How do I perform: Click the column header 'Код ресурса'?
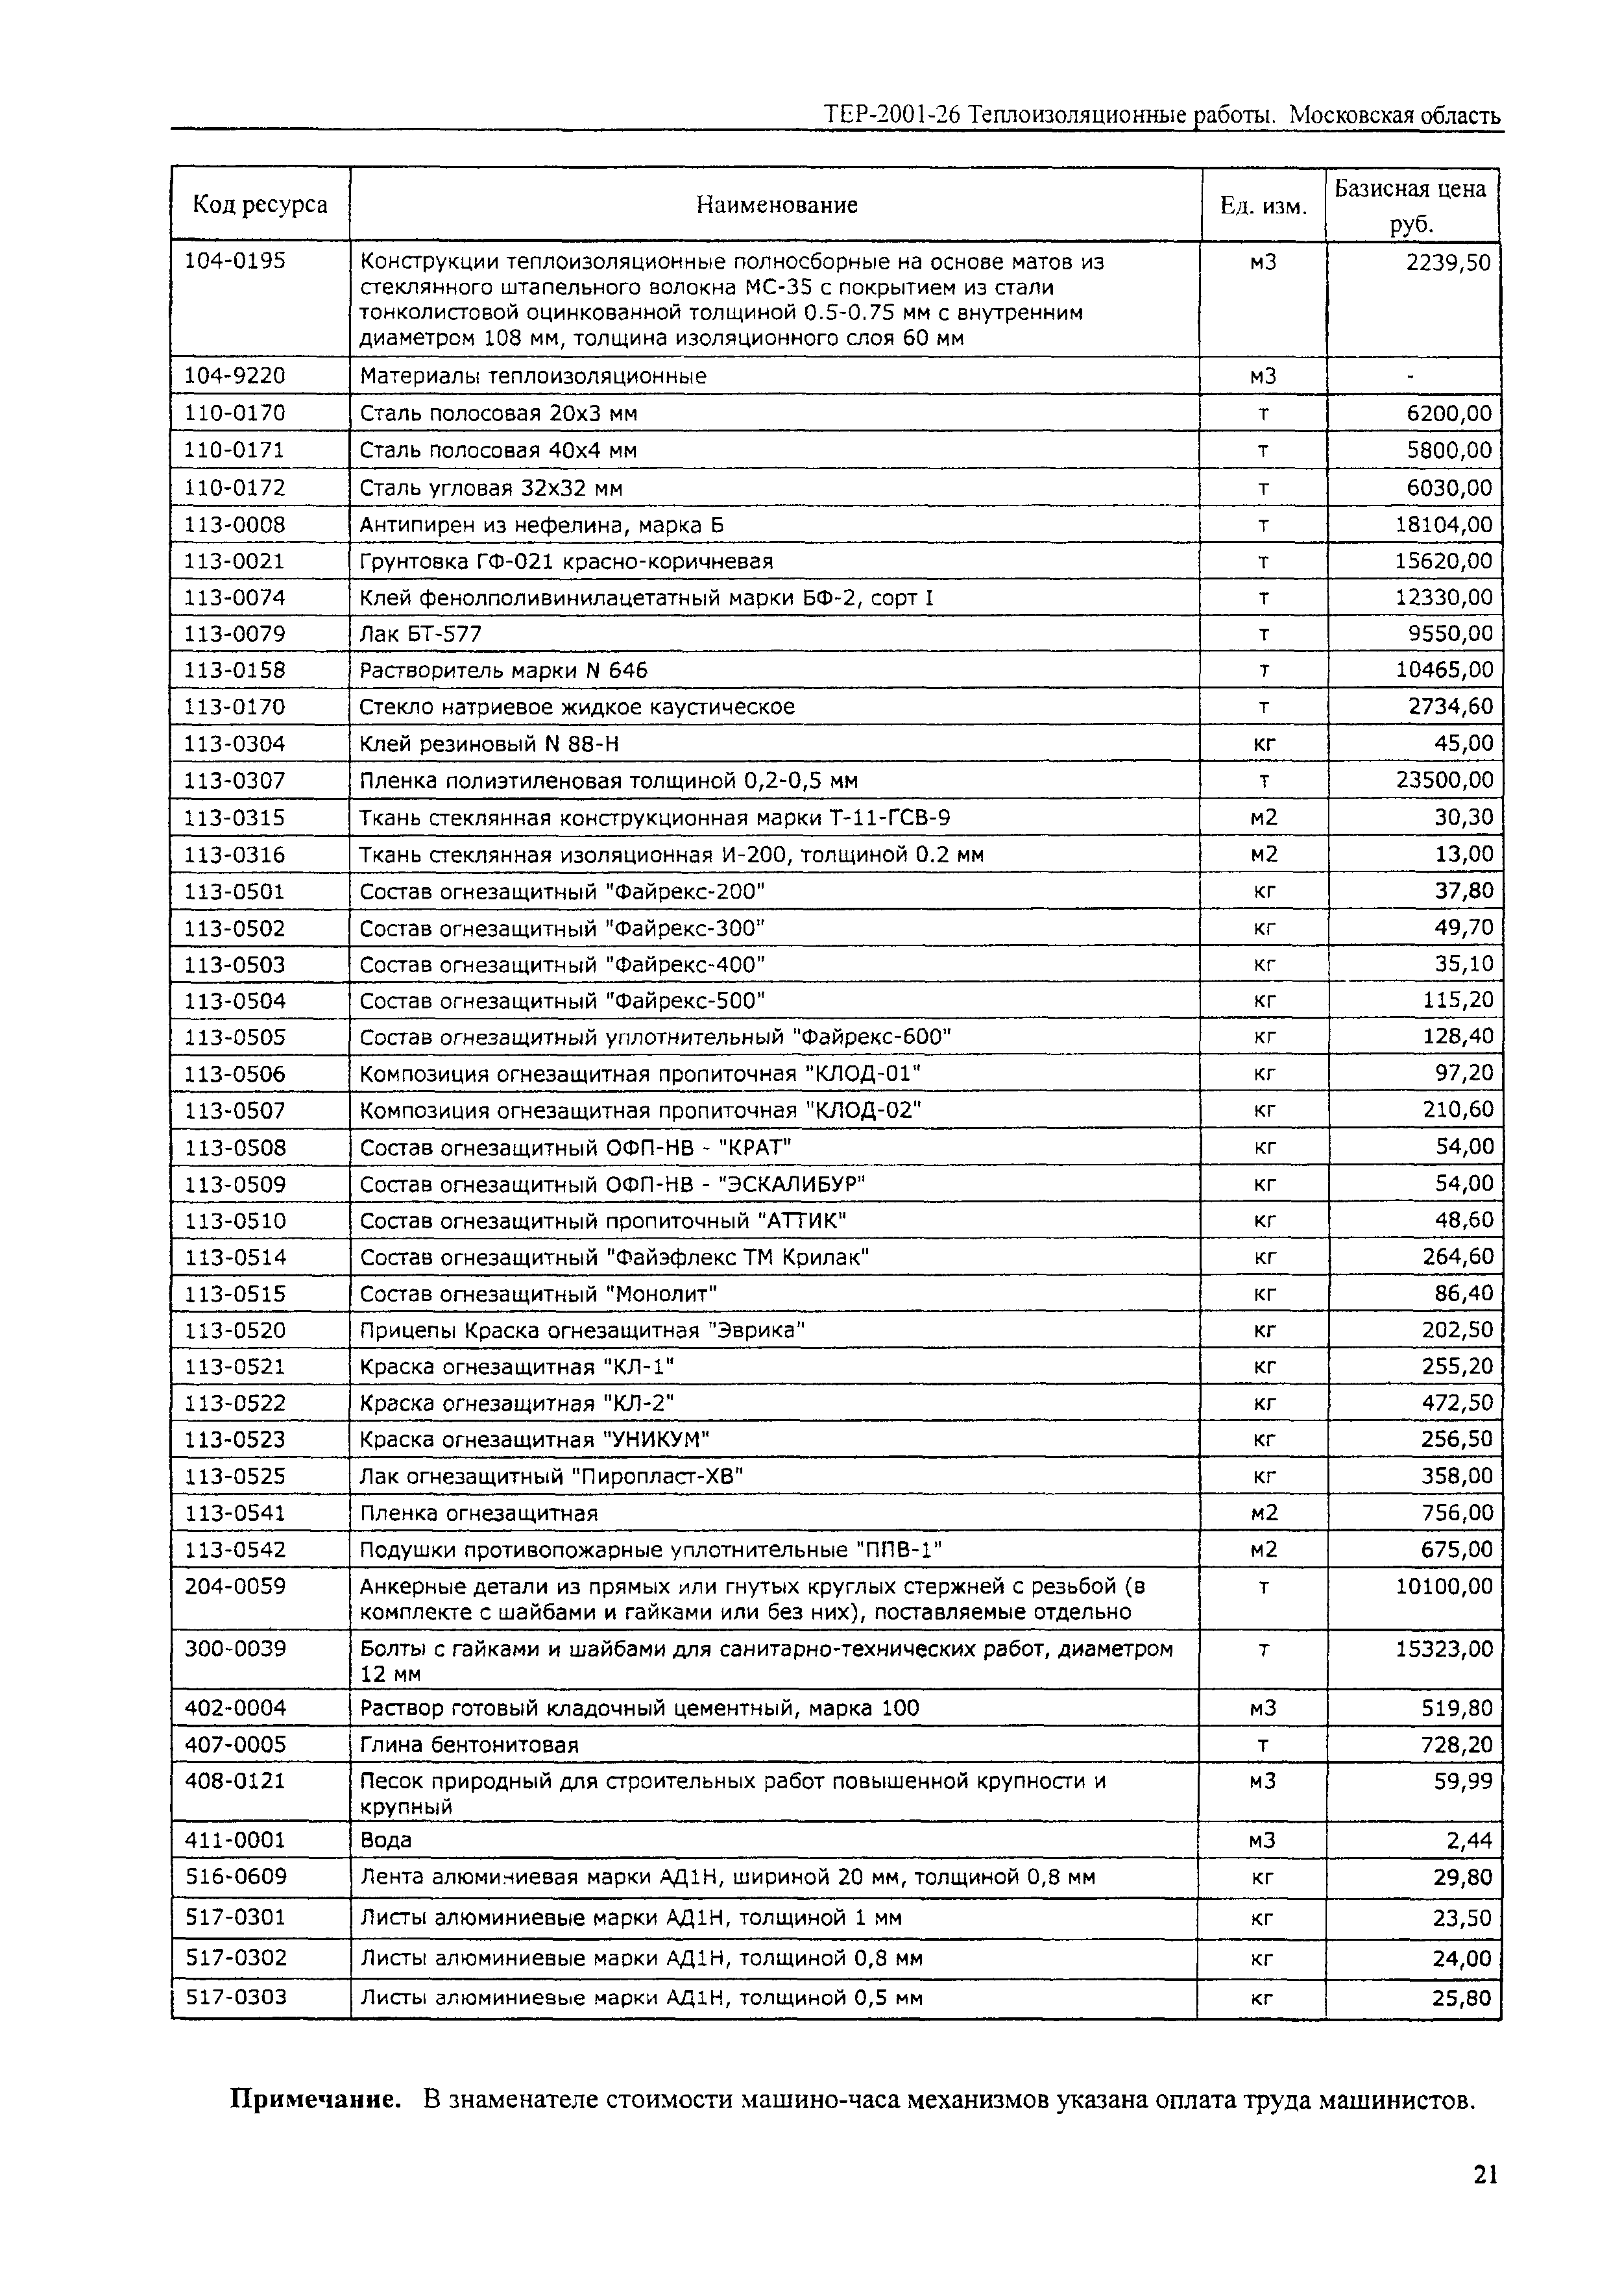pyautogui.click(x=260, y=205)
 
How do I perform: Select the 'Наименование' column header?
pyautogui.click(x=776, y=205)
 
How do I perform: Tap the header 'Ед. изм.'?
pyautogui.click(x=1263, y=206)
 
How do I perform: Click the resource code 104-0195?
pyautogui.click(x=235, y=261)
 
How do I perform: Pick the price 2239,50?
pyautogui.click(x=1448, y=261)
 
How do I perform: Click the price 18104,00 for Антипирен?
pyautogui.click(x=1443, y=524)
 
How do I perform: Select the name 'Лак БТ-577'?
pyautogui.click(x=420, y=634)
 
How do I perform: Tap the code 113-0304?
pyautogui.click(x=235, y=743)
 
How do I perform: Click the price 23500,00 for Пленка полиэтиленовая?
pyautogui.click(x=1443, y=780)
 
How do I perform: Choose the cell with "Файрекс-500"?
pyautogui.click(x=563, y=1001)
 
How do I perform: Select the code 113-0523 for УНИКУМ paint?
pyautogui.click(x=235, y=1439)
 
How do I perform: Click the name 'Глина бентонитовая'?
pyautogui.click(x=470, y=1745)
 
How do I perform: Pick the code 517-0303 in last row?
pyautogui.click(x=235, y=1997)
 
